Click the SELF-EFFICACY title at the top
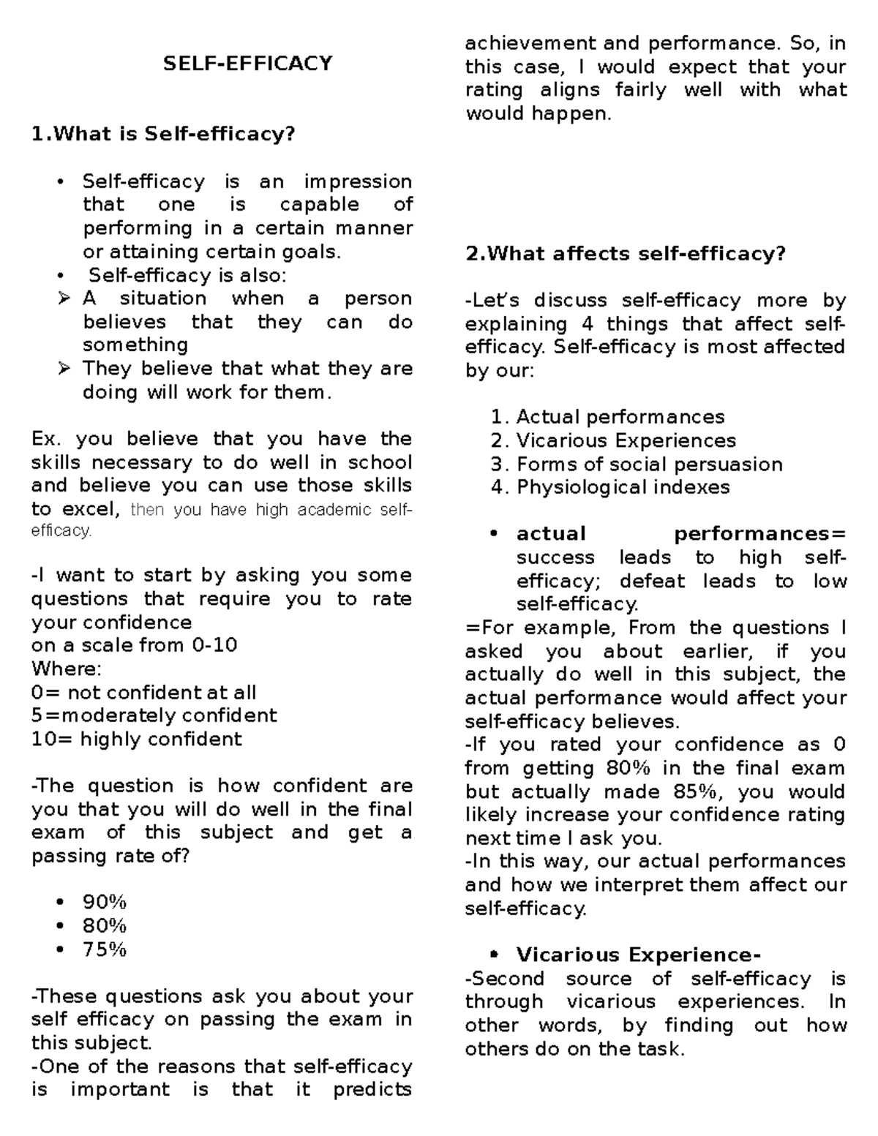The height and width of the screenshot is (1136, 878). coord(247,64)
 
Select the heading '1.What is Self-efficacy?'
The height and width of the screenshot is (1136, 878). coord(162,134)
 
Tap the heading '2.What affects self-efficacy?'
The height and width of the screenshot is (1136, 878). coord(626,254)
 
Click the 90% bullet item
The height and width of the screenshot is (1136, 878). coord(105,903)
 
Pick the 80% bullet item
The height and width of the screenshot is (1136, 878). coord(105,926)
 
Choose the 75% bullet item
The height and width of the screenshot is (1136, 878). coord(105,949)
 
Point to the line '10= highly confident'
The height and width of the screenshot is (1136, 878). coord(136,739)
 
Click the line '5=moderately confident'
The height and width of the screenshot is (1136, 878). coord(154,715)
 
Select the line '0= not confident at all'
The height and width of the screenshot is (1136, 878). coord(143,692)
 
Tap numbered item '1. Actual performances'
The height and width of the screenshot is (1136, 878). coord(607,417)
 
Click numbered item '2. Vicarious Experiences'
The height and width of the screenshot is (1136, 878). coord(613,440)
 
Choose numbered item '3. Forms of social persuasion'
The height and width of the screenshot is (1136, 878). coord(637,464)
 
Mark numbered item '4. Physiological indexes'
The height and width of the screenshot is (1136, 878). coord(610,487)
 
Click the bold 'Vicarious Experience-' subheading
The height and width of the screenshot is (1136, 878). coord(638,955)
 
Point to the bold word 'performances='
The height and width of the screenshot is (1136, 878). coord(759,534)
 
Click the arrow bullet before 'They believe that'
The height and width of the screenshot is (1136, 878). coord(64,369)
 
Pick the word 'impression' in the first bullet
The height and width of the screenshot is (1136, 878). coord(358,181)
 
